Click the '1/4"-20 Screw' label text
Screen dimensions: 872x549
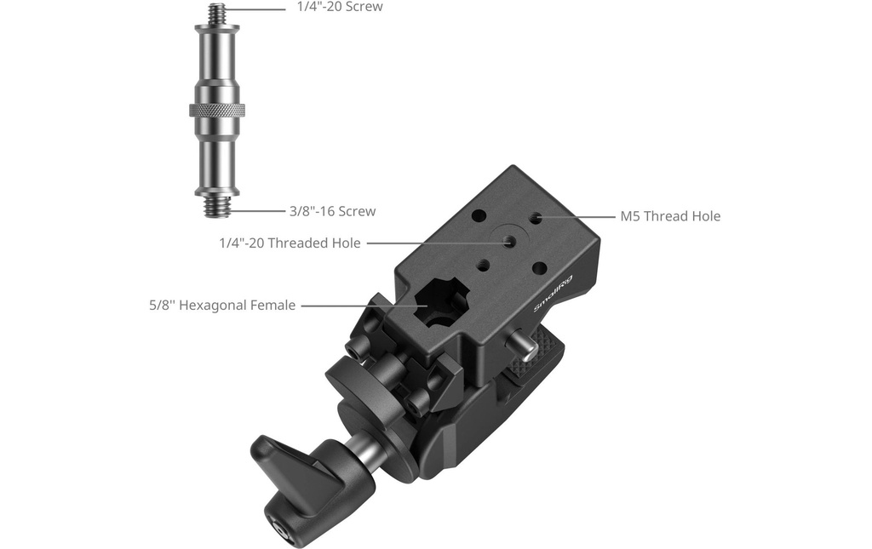pyautogui.click(x=340, y=7)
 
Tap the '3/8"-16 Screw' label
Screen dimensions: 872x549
pyautogui.click(x=333, y=211)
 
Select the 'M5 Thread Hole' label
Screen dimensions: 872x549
pyautogui.click(x=670, y=216)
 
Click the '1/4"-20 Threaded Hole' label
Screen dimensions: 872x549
pyautogui.click(x=290, y=243)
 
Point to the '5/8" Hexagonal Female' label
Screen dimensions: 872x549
pyautogui.click(x=222, y=305)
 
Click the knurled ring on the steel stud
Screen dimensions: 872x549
pyautogui.click(x=217, y=110)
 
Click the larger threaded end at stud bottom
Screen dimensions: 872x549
pyautogui.click(x=217, y=207)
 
